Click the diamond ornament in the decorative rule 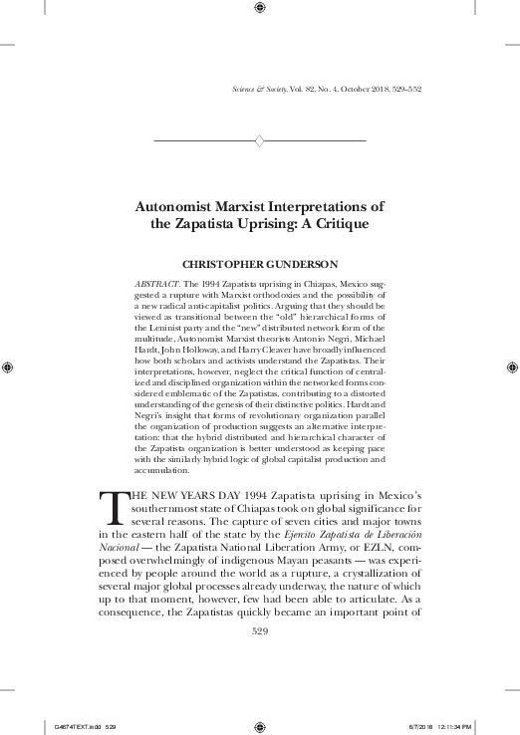(x=260, y=140)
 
